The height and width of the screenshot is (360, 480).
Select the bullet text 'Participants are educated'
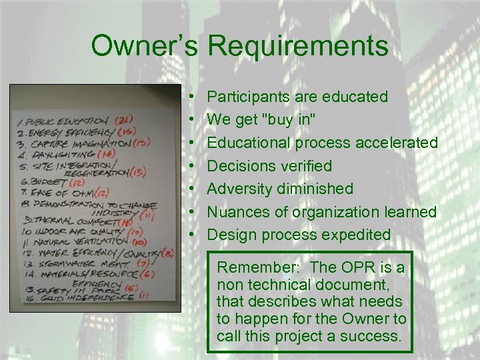point(297,97)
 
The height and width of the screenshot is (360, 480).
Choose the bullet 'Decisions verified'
point(269,165)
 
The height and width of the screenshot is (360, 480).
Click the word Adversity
point(239,189)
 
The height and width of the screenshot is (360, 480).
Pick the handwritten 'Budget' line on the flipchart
point(43,182)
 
